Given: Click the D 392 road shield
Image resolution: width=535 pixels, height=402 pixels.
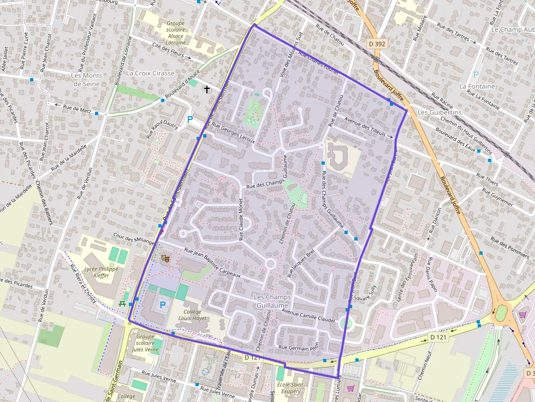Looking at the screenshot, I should point(377,43).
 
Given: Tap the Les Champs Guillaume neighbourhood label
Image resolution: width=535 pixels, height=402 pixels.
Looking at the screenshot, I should point(271,301).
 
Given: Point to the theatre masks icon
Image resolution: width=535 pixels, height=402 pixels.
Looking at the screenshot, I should point(165,257).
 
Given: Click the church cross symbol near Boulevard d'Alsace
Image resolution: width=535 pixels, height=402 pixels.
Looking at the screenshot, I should point(206,88).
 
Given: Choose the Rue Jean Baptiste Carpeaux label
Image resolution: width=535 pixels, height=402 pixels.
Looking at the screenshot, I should point(212,263).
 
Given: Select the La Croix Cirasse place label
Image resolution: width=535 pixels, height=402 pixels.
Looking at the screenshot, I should point(150,73).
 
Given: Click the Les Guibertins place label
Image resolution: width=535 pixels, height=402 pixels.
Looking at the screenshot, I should point(439,112).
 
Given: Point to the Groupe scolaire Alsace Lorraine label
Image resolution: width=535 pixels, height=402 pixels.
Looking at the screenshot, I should point(176,33).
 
